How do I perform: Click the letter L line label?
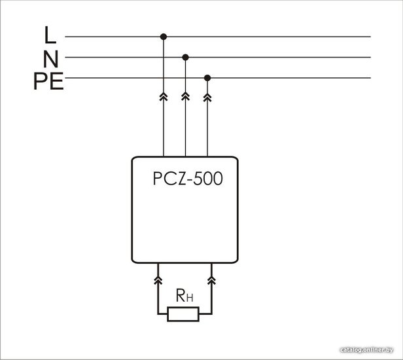point(50,35)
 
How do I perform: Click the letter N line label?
point(51,59)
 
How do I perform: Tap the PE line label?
point(48,81)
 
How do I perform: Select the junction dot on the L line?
point(164,37)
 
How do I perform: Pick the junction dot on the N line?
point(185,58)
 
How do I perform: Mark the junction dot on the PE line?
point(207,78)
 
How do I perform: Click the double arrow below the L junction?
point(164,97)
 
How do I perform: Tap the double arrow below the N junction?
point(185,97)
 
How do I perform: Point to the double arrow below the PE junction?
point(207,97)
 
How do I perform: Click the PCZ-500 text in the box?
point(188,179)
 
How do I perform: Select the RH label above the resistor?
point(184,295)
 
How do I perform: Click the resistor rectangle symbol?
point(183,314)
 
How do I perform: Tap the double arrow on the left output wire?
point(158,280)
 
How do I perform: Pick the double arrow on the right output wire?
point(211,280)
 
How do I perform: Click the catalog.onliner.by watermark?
point(366,350)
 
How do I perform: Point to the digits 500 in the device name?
point(208,179)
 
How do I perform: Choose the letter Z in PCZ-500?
point(181,179)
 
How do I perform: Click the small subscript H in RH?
point(190,298)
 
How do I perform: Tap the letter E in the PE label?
point(57,81)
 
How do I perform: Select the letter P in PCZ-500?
point(157,179)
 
